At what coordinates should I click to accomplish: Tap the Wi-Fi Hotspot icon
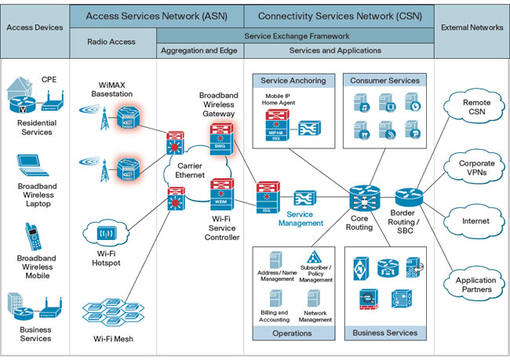click(105, 232)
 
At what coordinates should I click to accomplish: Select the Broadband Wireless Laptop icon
click(32, 168)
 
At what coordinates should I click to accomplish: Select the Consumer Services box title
click(384, 80)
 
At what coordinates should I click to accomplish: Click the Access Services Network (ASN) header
click(156, 16)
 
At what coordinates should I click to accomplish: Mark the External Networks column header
click(471, 28)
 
